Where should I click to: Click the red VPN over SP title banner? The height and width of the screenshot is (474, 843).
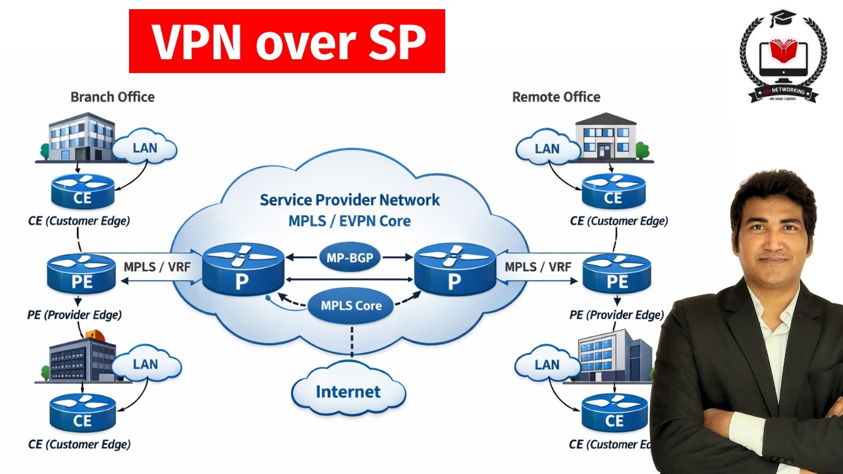[287, 41]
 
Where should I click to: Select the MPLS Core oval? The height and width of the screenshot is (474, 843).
[351, 305]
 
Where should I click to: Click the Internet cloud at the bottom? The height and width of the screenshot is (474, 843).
[348, 392]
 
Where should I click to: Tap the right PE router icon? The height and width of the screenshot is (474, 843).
[616, 274]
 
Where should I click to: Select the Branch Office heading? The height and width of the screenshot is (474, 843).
[113, 97]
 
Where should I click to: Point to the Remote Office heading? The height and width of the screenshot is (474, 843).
[556, 97]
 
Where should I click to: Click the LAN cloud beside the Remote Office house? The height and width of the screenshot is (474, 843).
[547, 149]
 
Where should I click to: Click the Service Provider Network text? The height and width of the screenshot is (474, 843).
[350, 200]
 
